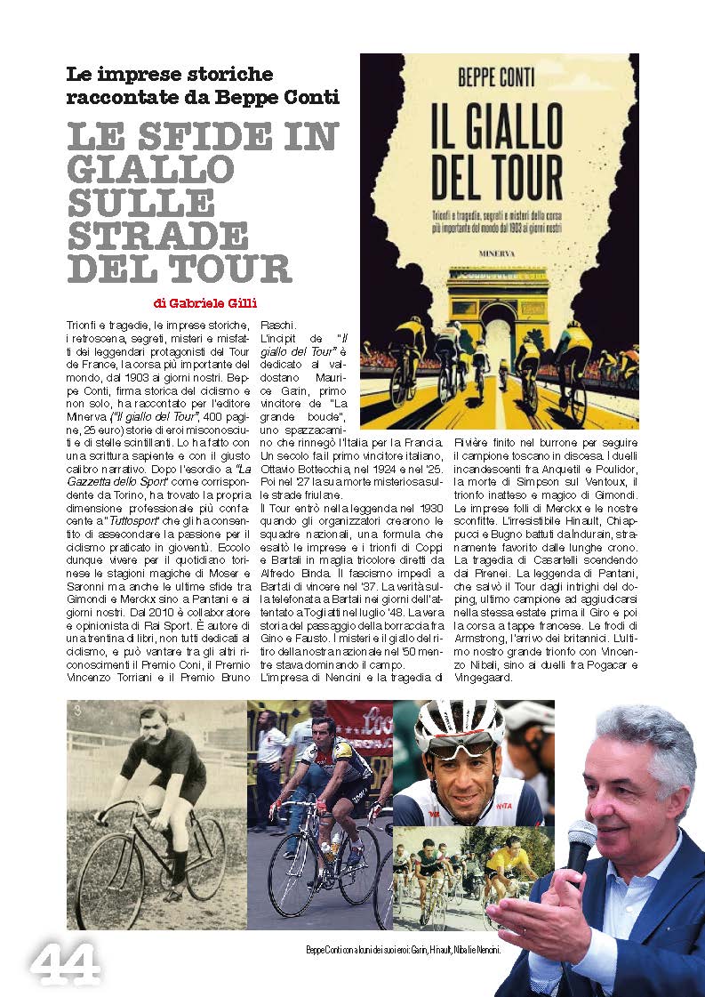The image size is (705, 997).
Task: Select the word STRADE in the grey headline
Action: [x=158, y=235]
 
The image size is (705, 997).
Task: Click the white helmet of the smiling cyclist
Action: [x=459, y=721]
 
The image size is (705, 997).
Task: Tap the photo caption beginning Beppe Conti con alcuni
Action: [x=403, y=950]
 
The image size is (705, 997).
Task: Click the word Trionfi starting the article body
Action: [x=83, y=326]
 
